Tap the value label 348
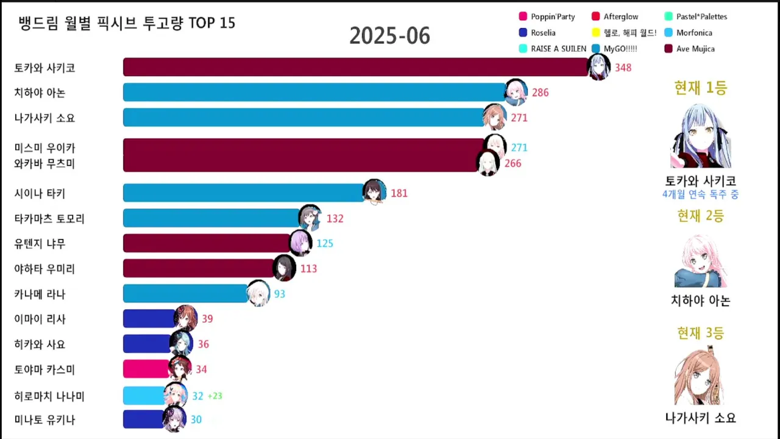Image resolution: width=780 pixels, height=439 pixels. (x=623, y=68)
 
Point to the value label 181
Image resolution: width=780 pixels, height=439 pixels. (x=399, y=193)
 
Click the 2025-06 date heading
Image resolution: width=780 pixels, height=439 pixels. (x=389, y=36)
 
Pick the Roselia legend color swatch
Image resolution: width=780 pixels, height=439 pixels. (x=523, y=33)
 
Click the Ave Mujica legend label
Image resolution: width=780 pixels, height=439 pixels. (x=695, y=49)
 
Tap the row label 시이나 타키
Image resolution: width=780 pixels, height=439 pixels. (x=40, y=193)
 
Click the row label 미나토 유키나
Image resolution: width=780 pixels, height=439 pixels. (x=44, y=419)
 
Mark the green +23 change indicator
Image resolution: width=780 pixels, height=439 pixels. (x=214, y=396)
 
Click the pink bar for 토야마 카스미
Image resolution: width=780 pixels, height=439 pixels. (x=146, y=369)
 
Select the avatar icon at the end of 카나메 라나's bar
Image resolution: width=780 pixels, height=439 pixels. (x=258, y=294)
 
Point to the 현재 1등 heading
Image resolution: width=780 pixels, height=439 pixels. (x=701, y=88)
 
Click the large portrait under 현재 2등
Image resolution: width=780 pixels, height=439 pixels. (x=700, y=261)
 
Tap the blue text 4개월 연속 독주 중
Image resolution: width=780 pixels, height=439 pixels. (x=700, y=195)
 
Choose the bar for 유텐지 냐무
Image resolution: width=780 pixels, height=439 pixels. (x=207, y=243)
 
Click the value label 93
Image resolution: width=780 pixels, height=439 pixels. (x=279, y=294)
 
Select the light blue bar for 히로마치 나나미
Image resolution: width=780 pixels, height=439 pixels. (x=144, y=396)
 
